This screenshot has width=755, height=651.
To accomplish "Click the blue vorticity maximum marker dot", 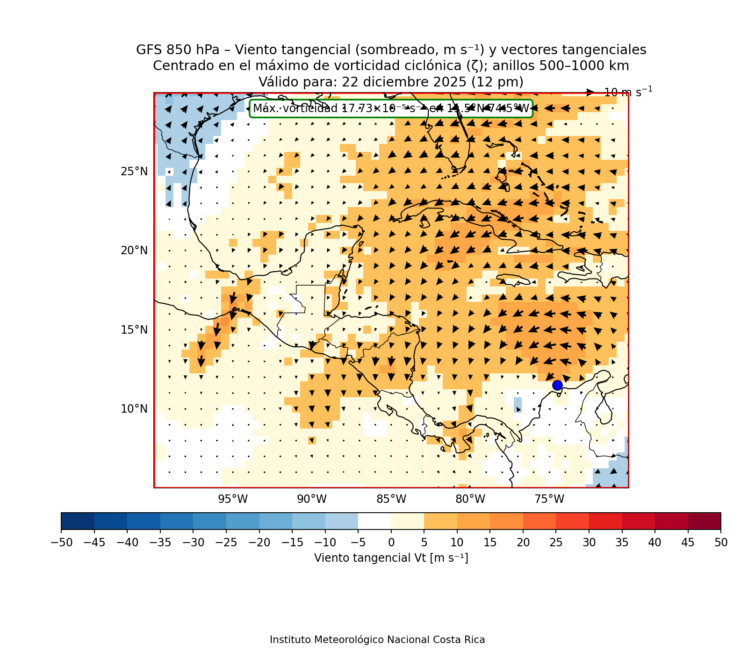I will [557, 385].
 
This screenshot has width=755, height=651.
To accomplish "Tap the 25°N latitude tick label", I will [134, 172].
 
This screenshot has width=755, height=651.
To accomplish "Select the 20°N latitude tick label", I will [134, 250].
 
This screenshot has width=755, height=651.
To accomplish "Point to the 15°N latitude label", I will [134, 330].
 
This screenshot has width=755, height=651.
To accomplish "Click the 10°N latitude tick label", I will [134, 409].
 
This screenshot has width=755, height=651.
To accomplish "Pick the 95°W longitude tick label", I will [233, 499].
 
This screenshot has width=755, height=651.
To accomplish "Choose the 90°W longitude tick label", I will [312, 499].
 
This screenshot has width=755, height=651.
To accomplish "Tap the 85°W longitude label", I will [391, 499].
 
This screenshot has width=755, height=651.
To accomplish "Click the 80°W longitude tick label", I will [470, 499].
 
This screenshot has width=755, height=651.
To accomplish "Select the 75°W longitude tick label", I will [549, 499].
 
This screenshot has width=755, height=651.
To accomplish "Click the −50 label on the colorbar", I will [61, 543].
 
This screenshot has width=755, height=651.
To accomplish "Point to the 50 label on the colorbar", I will [721, 543].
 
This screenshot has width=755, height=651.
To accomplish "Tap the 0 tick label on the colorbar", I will [391, 543].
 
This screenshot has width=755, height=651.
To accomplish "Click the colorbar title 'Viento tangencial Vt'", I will [391, 558].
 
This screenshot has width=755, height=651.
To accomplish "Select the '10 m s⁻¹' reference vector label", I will [628, 92].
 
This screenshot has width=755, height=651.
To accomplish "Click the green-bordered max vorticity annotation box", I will [391, 108].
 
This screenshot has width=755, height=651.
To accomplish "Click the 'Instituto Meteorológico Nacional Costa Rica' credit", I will [377, 640].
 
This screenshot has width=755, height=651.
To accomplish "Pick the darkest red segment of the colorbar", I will [704, 521].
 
